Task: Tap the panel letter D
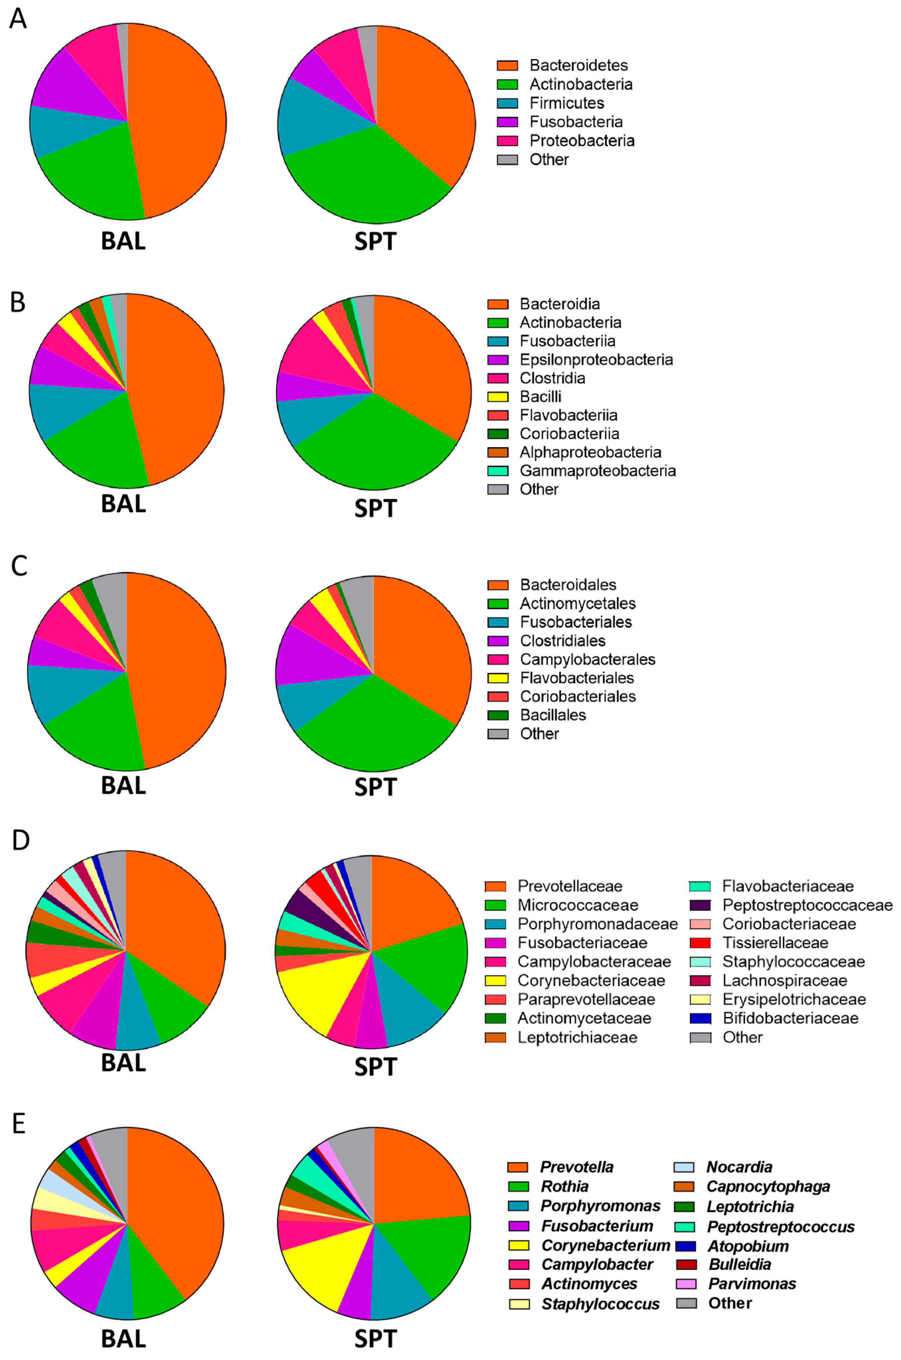tap(20, 840)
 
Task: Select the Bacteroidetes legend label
tap(578, 65)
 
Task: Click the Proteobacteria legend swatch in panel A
tap(507, 141)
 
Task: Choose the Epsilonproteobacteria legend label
tap(596, 360)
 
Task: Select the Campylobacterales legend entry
tap(587, 659)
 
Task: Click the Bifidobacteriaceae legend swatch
tap(700, 1019)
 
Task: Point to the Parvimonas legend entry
tap(752, 1284)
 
